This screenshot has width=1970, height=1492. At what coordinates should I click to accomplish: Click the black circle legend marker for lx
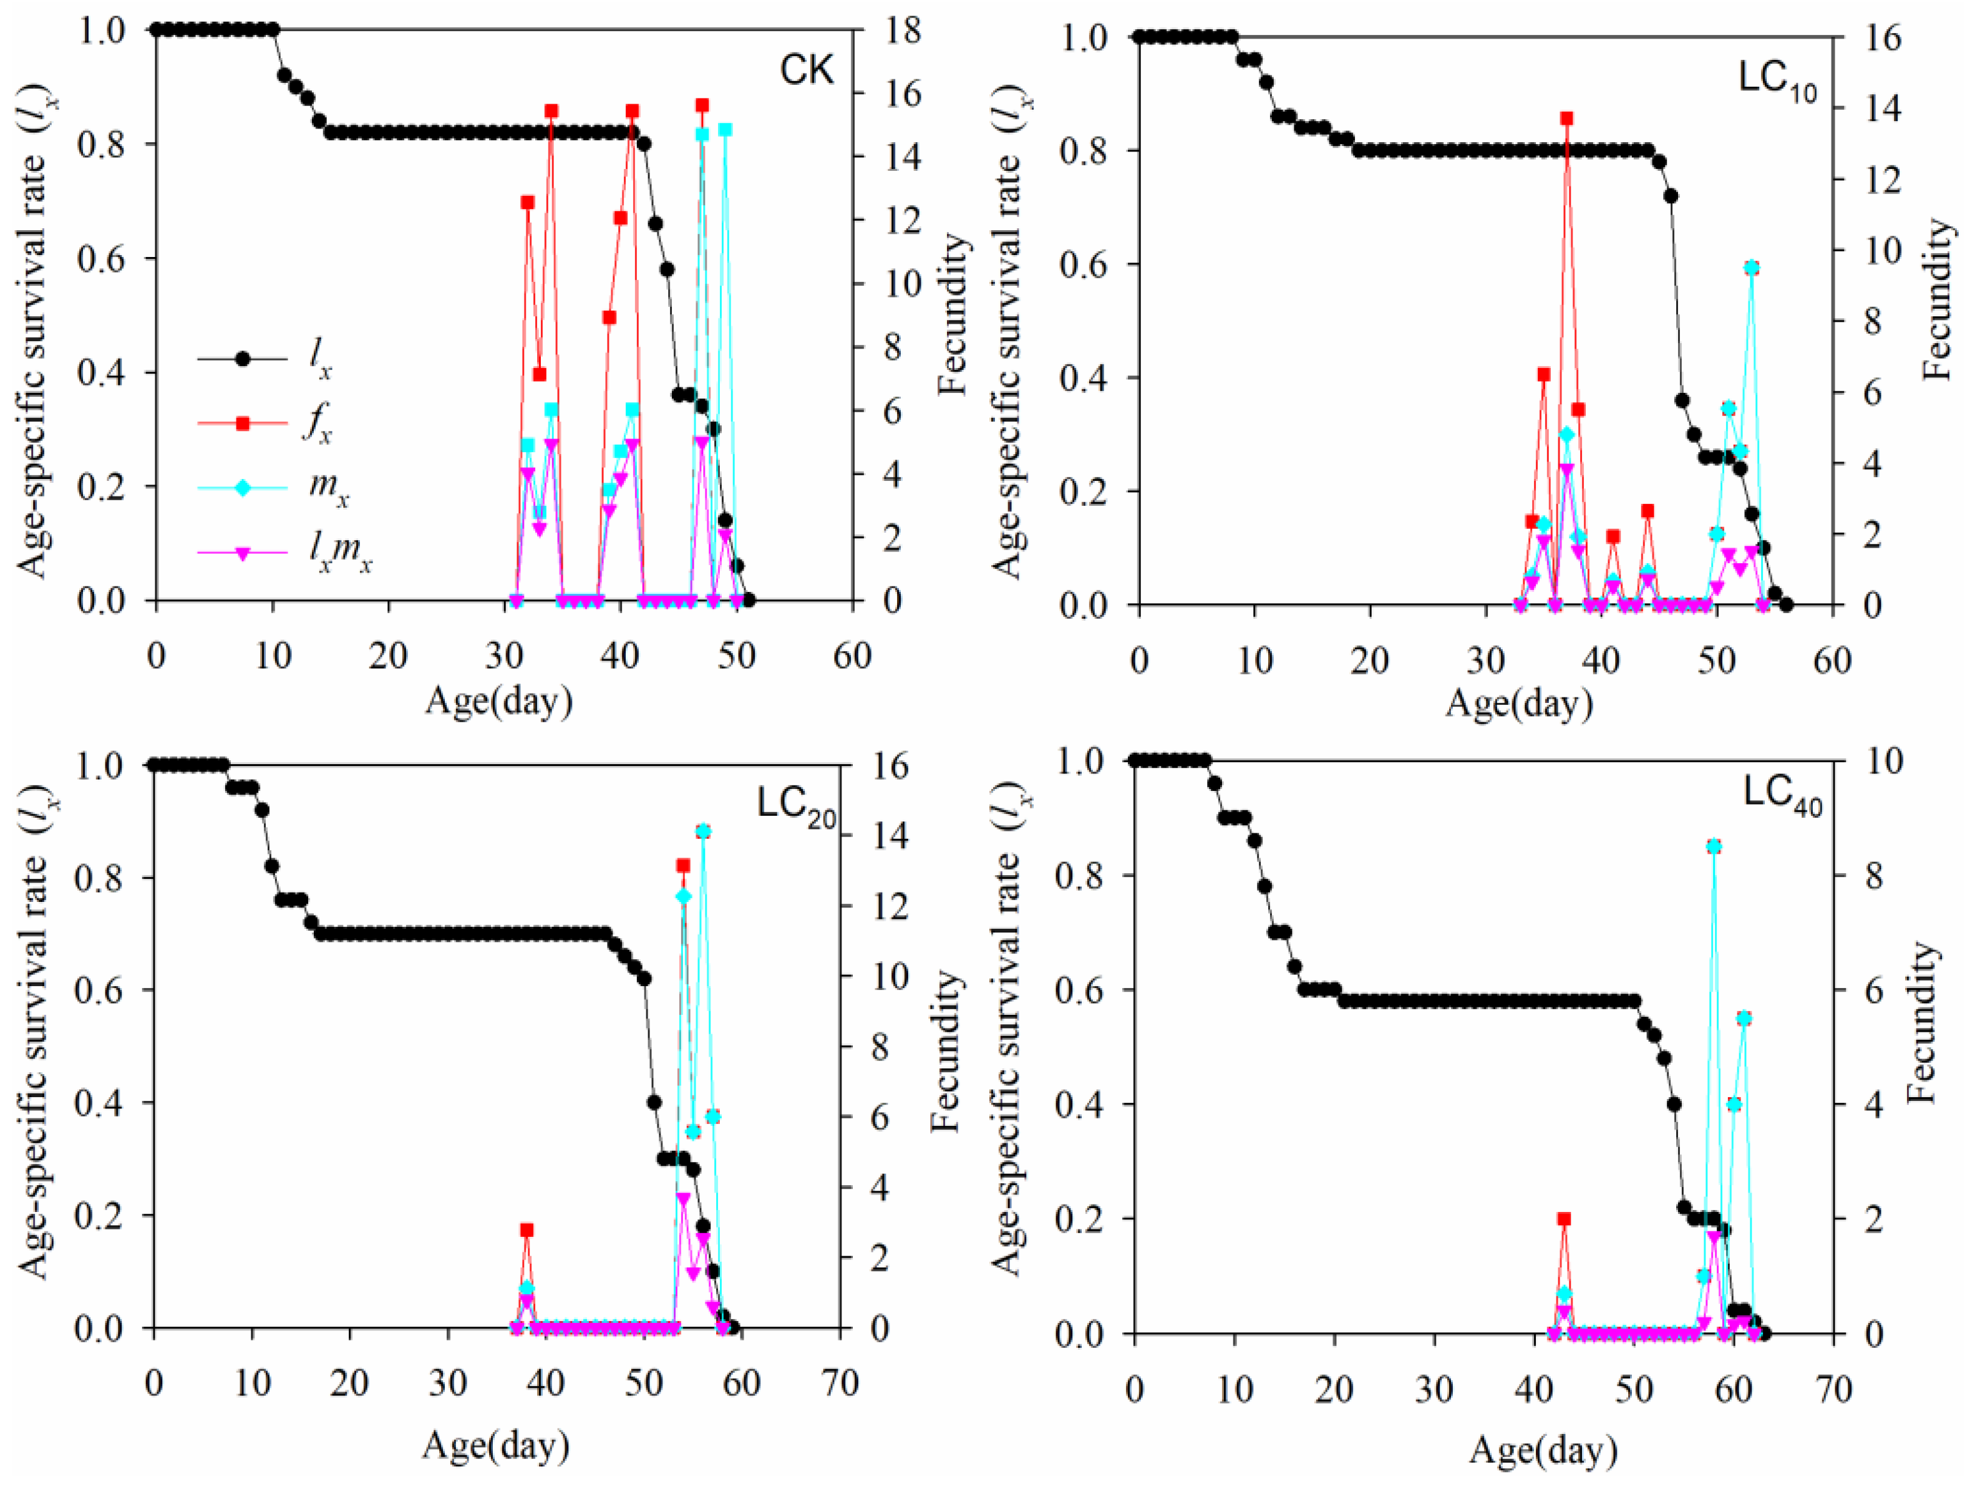click(242, 359)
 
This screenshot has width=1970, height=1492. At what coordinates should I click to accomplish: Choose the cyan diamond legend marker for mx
click(242, 488)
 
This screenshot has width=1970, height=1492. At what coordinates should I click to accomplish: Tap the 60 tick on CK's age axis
click(852, 656)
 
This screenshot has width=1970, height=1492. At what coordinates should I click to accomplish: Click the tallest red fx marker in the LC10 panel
click(1566, 119)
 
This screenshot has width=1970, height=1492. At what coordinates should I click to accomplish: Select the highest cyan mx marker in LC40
click(1714, 846)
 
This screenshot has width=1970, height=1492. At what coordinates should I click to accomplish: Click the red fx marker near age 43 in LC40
click(1564, 1219)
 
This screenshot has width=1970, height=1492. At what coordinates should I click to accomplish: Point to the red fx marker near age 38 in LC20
click(526, 1230)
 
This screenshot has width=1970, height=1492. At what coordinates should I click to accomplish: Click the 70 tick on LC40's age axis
click(1834, 1390)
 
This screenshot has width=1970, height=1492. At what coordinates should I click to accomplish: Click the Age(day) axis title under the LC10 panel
click(1518, 704)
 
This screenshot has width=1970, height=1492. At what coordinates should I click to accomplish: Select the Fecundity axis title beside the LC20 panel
click(948, 1051)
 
